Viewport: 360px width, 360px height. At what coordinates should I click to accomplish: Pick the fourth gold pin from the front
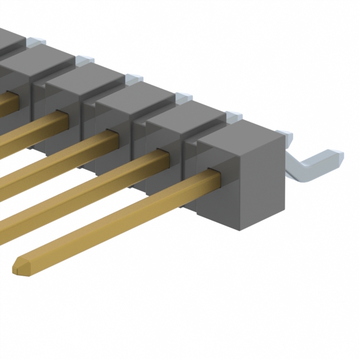click(34, 129)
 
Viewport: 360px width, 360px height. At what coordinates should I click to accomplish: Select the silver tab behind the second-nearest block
click(233, 117)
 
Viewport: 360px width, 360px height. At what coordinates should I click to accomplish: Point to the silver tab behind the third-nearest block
click(183, 98)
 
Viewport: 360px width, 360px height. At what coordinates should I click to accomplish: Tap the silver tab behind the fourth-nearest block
click(133, 78)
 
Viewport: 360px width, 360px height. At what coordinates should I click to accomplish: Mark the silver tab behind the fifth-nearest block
click(84, 60)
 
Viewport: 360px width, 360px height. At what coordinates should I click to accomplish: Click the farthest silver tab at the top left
click(35, 40)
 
